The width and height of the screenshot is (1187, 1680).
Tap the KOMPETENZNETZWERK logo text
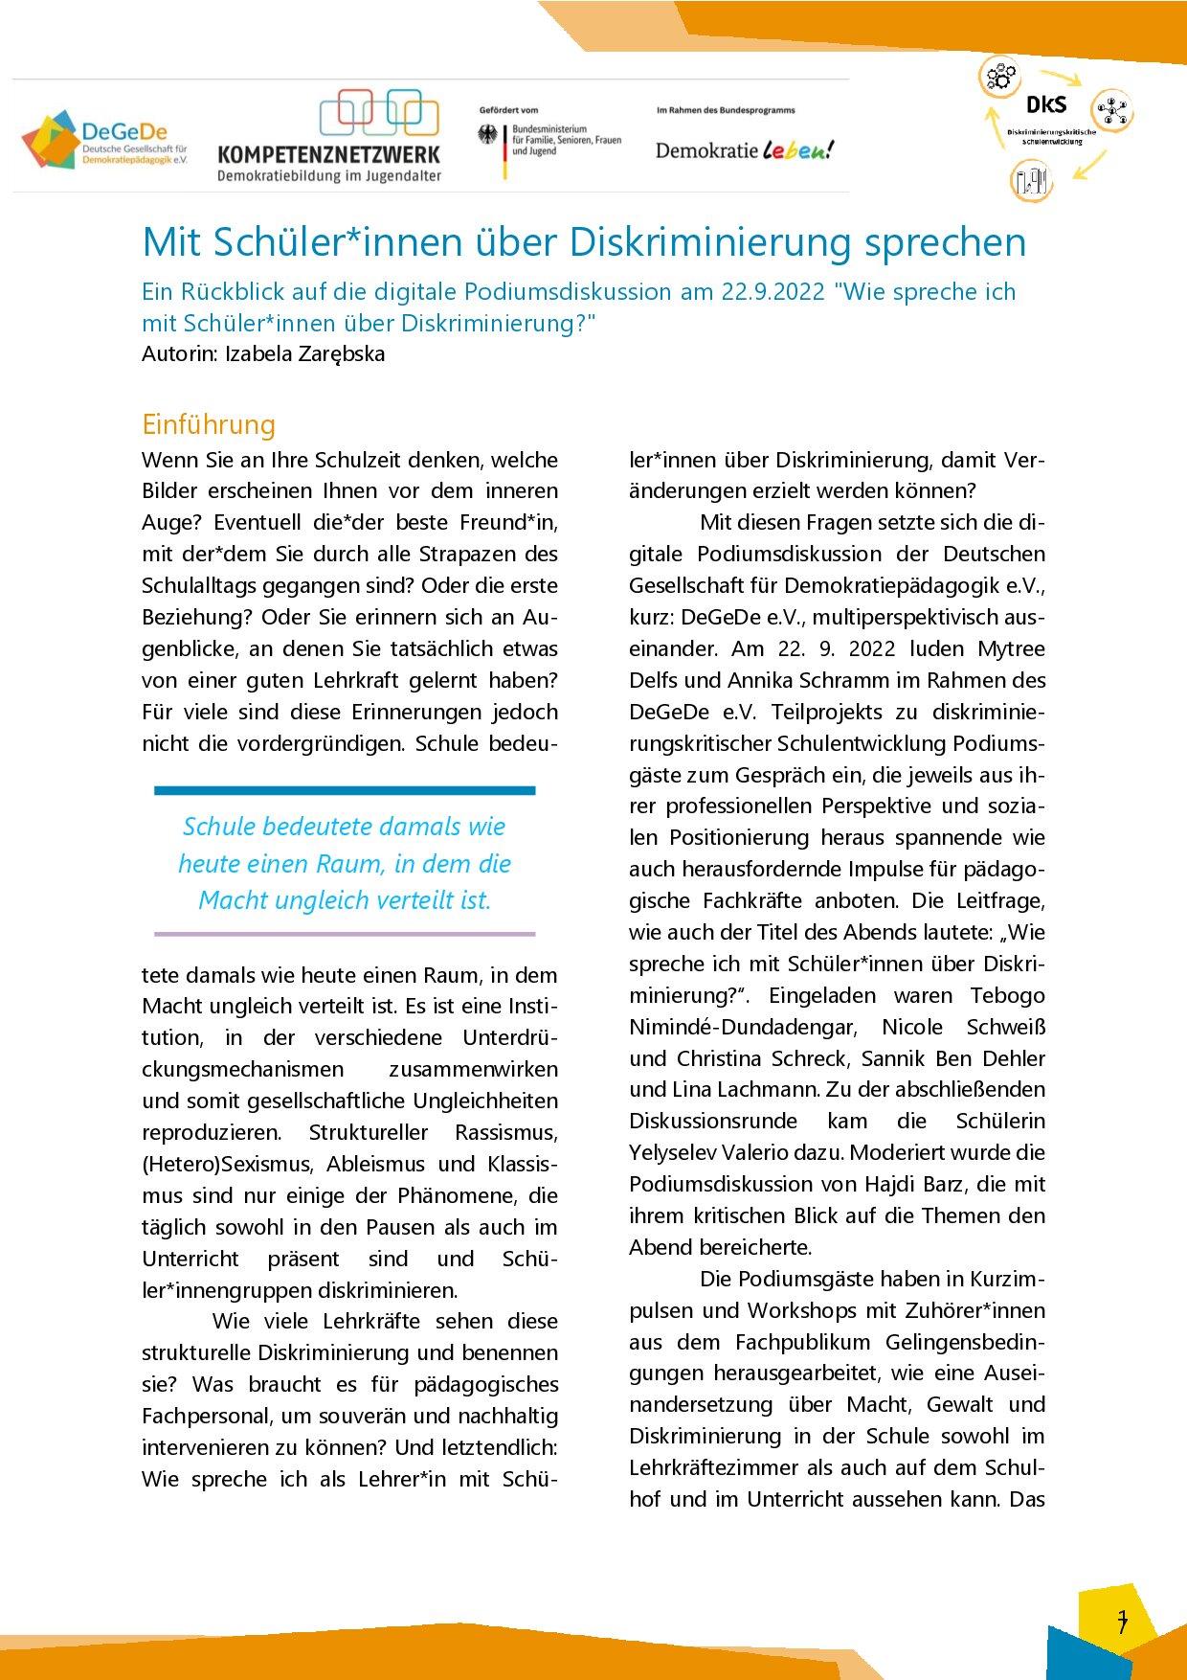coord(328,154)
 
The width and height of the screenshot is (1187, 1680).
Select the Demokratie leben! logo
coord(744,149)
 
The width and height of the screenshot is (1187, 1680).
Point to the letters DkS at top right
coord(1046,105)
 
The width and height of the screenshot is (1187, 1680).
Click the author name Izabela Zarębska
coord(303,353)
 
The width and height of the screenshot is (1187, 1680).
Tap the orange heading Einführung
coord(209,423)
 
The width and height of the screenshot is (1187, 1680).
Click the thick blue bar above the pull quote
coord(345,791)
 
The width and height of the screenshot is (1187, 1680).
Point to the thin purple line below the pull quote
coord(345,933)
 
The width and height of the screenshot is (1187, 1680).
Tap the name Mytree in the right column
coord(1011,648)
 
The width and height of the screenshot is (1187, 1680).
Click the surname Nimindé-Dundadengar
coord(741,1027)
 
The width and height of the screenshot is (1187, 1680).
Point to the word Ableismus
coord(379,1164)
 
